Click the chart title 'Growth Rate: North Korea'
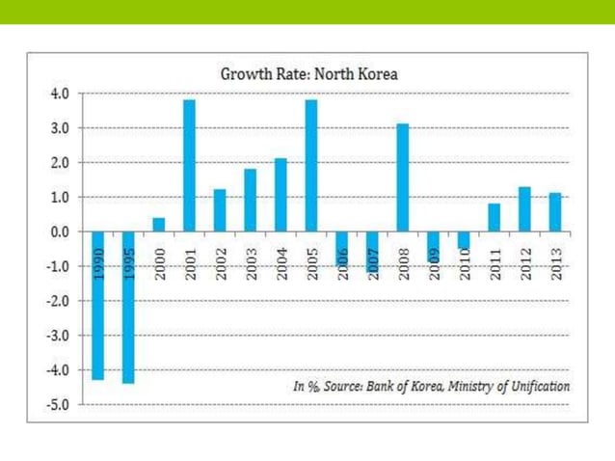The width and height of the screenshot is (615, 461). [308, 73]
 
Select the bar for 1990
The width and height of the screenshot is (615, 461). [97, 318]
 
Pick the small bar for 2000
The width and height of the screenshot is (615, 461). [158, 224]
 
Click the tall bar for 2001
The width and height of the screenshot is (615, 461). [190, 165]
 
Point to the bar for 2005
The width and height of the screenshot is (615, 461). [311, 165]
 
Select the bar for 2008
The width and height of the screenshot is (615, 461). [403, 177]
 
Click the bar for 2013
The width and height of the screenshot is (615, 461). [554, 212]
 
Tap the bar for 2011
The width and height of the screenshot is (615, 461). [494, 217]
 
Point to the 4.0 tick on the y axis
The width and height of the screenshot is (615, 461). [59, 94]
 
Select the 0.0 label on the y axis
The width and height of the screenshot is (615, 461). [59, 231]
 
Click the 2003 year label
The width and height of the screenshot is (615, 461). [251, 263]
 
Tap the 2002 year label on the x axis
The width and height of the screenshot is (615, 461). [220, 263]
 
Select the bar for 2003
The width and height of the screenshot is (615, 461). [251, 200]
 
